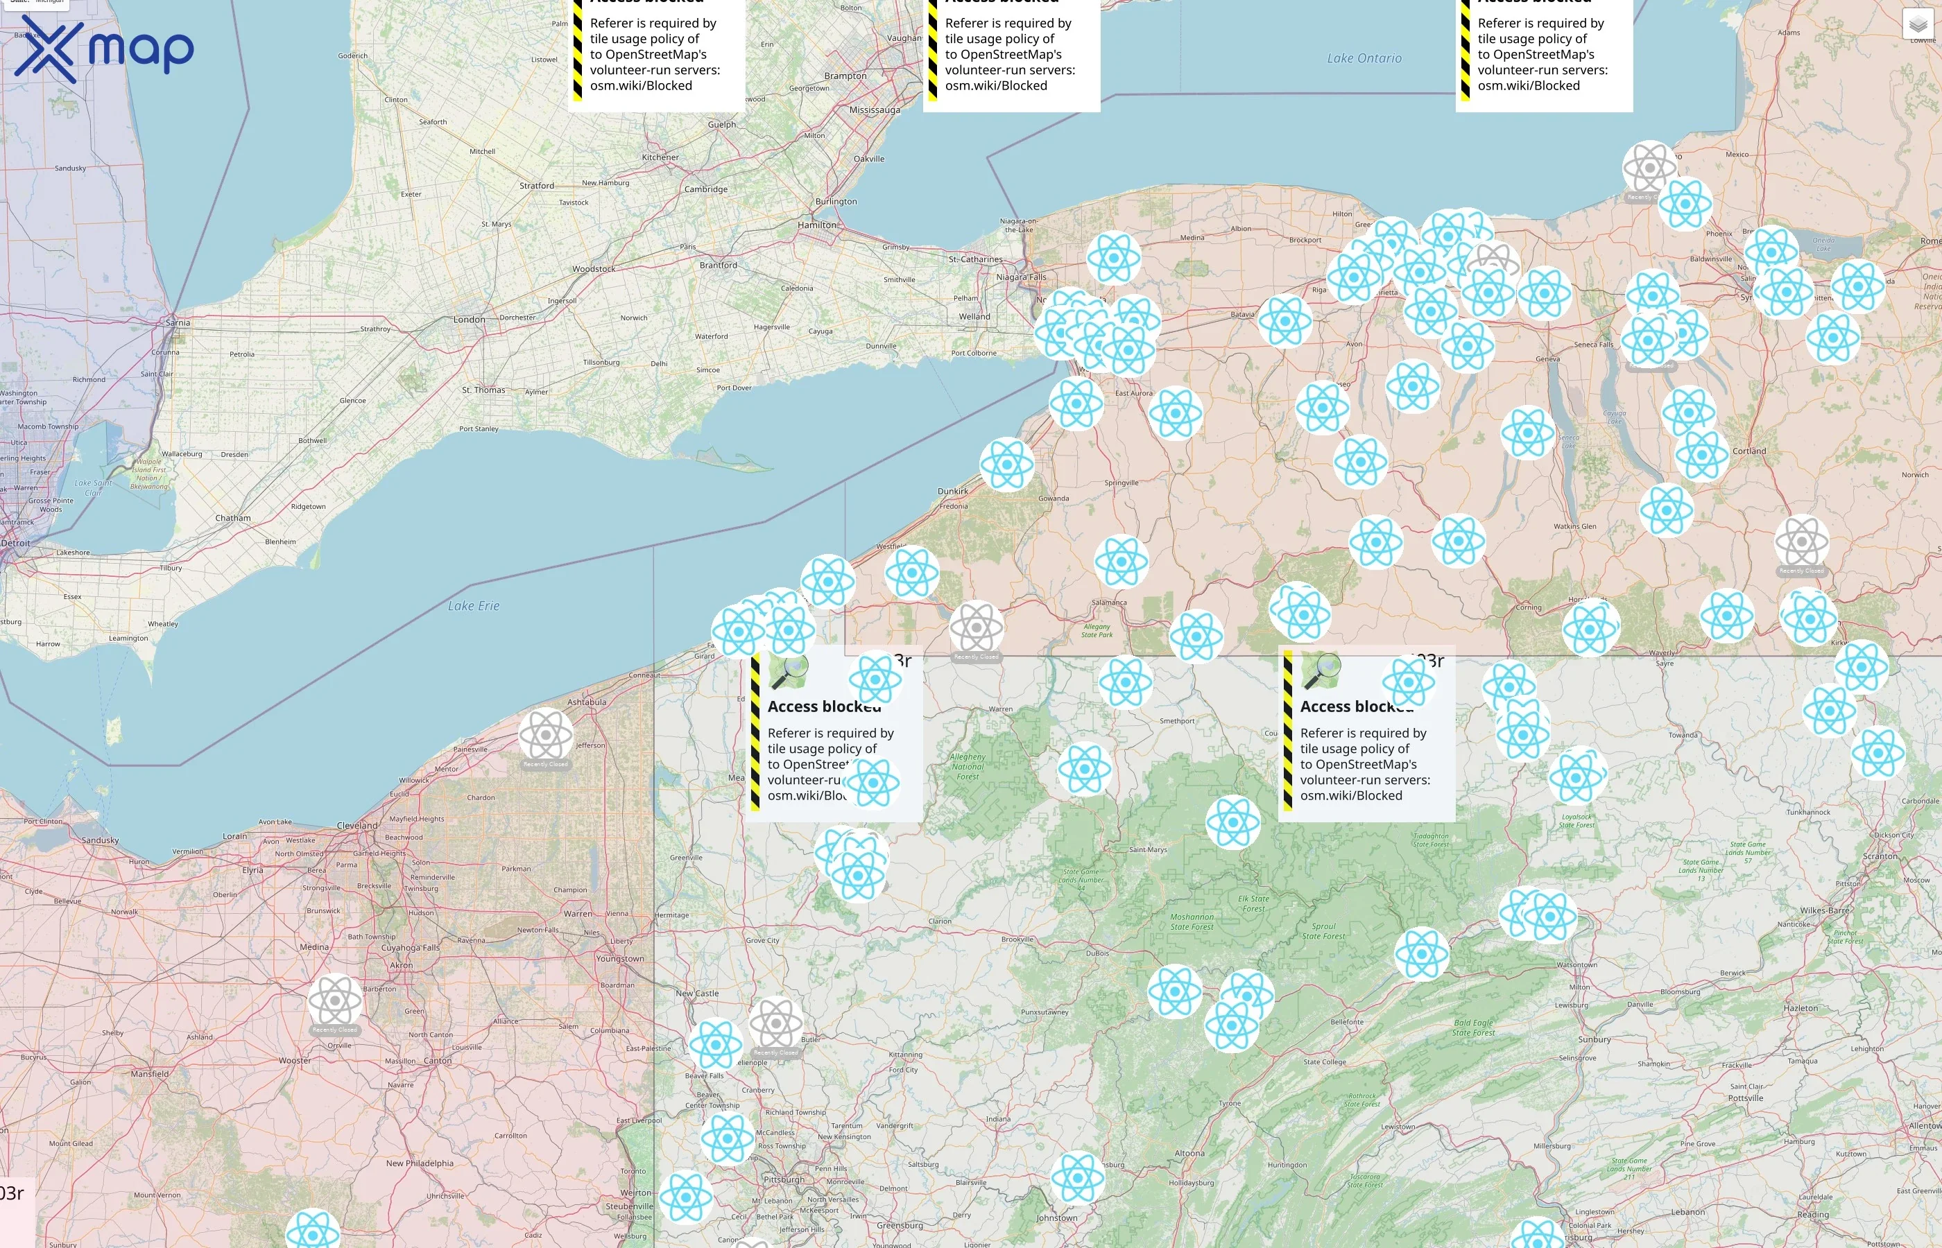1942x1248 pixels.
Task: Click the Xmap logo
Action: click(x=104, y=49)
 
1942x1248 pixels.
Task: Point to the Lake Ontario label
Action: click(x=1364, y=58)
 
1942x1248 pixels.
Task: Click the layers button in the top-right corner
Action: click(x=1917, y=24)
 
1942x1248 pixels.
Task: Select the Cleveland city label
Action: click(x=357, y=825)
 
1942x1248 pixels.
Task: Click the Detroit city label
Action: click(x=15, y=543)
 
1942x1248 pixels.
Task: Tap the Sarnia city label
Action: click(x=178, y=322)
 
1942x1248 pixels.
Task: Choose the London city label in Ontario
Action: click(x=470, y=320)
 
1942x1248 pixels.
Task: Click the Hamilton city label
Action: click(x=817, y=225)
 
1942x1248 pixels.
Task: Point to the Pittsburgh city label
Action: click(x=784, y=1179)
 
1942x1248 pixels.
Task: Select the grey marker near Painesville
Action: click(x=545, y=734)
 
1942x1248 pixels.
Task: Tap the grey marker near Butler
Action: click(x=775, y=1023)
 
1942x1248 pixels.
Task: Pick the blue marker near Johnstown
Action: click(x=1077, y=1177)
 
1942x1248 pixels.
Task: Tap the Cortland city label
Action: click(x=1749, y=451)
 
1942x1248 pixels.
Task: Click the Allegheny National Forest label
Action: click(x=968, y=767)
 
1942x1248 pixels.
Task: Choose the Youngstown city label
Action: click(x=620, y=959)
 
